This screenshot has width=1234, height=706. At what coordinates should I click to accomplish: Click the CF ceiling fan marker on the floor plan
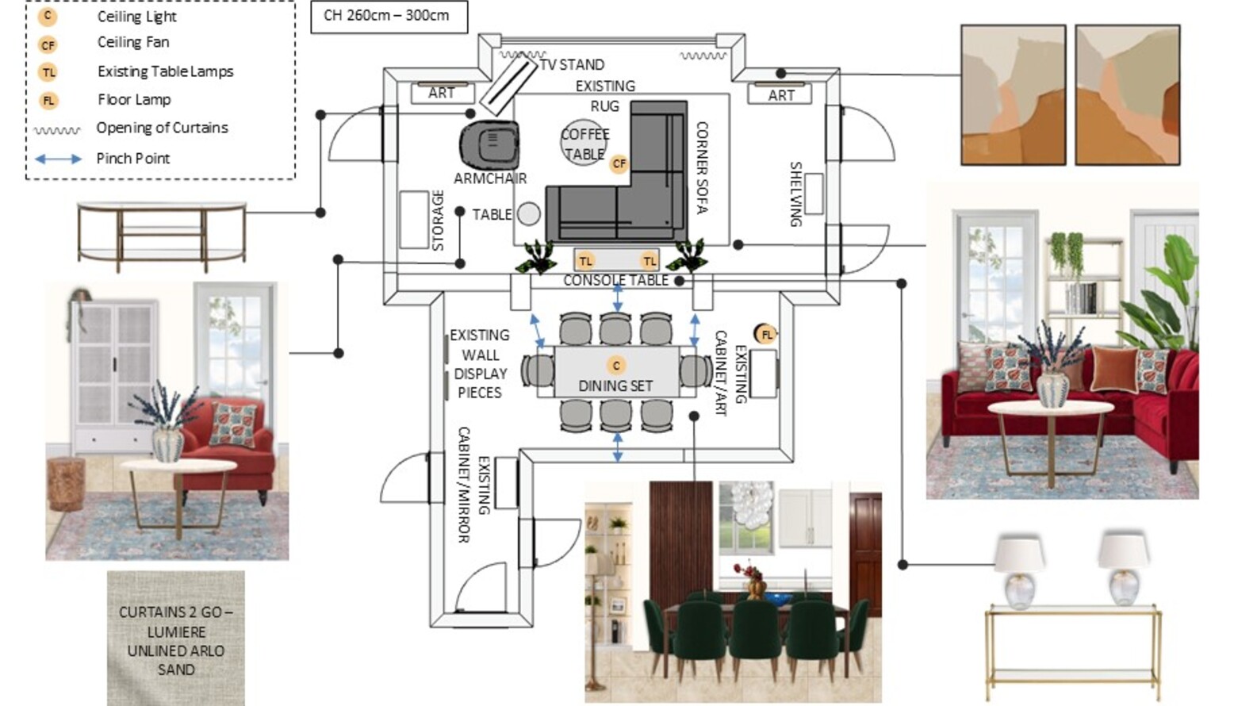coord(619,163)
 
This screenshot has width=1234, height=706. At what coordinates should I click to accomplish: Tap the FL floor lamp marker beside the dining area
coord(766,334)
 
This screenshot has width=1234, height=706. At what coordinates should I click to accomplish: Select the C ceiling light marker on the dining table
coord(616,366)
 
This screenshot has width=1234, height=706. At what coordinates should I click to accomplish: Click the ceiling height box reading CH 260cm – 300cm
coord(389,17)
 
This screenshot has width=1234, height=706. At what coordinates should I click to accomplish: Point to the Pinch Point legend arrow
coord(58,159)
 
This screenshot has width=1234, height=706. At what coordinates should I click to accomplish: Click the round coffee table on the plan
coord(584,142)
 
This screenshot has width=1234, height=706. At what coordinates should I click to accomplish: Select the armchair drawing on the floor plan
coord(489,145)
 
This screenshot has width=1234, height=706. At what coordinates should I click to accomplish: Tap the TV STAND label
coord(572,65)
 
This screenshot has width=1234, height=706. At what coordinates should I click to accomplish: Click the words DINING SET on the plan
coord(615,386)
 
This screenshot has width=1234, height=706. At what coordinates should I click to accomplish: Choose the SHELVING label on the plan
coord(796,194)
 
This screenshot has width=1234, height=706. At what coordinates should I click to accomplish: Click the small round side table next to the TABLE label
coord(528,214)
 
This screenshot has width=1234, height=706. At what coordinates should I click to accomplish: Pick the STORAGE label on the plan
coord(438,221)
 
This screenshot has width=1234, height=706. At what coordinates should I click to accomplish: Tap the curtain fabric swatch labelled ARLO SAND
coord(176,639)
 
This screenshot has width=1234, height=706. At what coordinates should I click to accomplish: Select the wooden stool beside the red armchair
coord(66,484)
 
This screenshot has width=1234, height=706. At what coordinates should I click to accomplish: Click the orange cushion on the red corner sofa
coord(1113,369)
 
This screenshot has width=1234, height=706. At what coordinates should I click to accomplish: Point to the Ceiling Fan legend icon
coord(48,44)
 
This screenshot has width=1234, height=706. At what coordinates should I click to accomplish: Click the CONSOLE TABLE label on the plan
coord(615,281)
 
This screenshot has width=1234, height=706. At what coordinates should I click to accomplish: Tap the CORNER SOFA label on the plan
coord(702,167)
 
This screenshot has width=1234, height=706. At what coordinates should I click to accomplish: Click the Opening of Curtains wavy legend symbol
coord(57,131)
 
